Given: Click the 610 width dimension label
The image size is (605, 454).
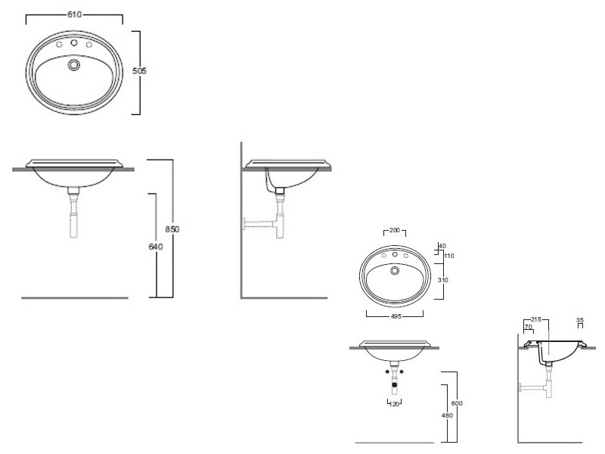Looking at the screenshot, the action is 74,14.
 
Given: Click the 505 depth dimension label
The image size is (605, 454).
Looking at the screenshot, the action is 139,71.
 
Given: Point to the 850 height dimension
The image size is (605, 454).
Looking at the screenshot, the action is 172,229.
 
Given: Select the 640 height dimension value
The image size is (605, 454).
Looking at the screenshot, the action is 156,247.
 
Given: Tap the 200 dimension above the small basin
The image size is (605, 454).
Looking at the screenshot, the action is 394,230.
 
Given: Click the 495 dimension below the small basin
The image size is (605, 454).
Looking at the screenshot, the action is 396,316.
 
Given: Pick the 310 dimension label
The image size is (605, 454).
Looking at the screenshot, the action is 443,280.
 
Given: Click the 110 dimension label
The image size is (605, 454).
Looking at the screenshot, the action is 449,256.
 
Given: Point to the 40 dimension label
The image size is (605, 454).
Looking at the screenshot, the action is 442,246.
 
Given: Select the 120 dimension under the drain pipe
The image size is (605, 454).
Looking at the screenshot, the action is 394,404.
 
